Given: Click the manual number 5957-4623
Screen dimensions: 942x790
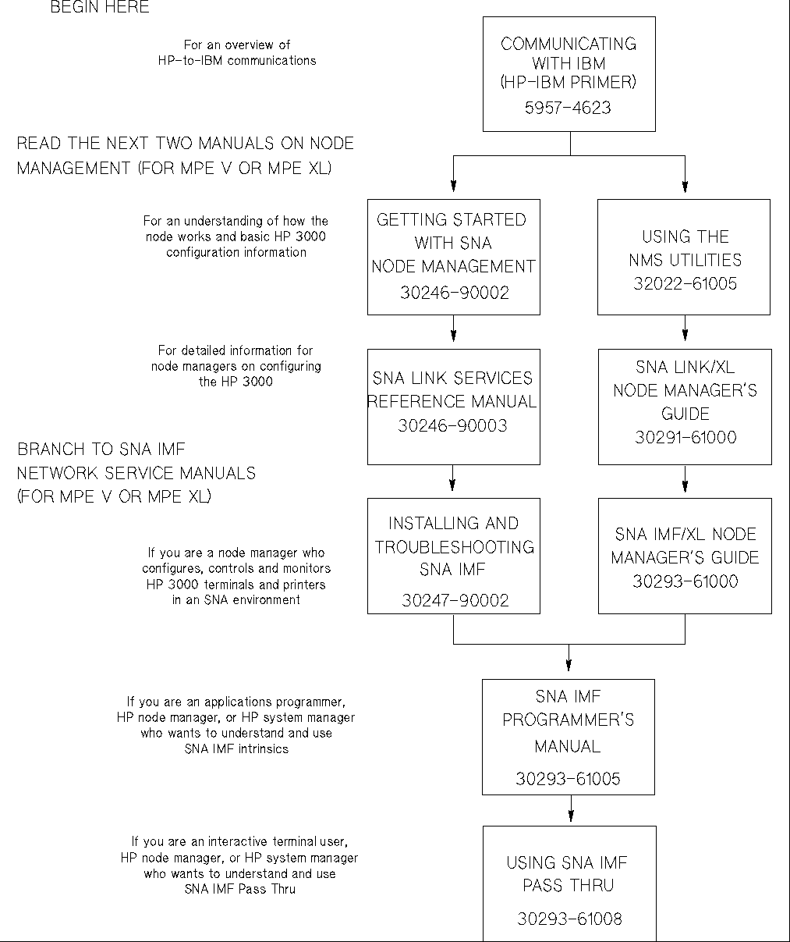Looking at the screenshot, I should pyautogui.click(x=568, y=108).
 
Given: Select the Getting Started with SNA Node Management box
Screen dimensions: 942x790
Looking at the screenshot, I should pyautogui.click(x=453, y=256).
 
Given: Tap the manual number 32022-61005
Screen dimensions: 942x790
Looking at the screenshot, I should pyautogui.click(x=685, y=284).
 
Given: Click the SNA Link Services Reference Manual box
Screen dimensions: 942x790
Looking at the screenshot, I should pyautogui.click(x=453, y=406).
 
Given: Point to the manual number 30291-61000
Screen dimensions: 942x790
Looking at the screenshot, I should pyautogui.click(x=685, y=438).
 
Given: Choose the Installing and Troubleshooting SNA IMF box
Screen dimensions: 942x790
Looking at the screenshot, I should pyautogui.click(x=453, y=556).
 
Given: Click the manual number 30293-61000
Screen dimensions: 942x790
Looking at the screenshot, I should pyautogui.click(x=685, y=581).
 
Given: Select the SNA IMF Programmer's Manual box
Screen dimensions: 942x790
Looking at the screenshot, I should pyautogui.click(x=568, y=736).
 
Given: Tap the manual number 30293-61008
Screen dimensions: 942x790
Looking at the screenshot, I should pyautogui.click(x=569, y=919).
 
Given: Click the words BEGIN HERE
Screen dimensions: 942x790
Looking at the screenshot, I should pyautogui.click(x=100, y=8).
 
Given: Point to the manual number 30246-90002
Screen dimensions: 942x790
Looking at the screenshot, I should pyautogui.click(x=454, y=293).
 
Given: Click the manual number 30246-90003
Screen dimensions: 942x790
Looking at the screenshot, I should pyautogui.click(x=452, y=426).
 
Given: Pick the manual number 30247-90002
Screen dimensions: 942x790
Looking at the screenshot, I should pyautogui.click(x=455, y=600).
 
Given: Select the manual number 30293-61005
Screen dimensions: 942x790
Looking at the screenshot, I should pyautogui.click(x=568, y=779).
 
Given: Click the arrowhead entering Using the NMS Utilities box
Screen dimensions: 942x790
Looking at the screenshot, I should pyautogui.click(x=685, y=187).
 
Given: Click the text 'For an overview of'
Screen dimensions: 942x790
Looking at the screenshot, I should pyautogui.click(x=236, y=45).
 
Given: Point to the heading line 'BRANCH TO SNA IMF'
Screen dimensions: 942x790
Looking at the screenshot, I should pyautogui.click(x=101, y=450).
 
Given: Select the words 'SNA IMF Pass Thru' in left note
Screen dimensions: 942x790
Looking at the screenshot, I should pyautogui.click(x=239, y=889).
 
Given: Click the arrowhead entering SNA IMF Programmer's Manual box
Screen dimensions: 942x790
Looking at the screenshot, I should pyautogui.click(x=569, y=667).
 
